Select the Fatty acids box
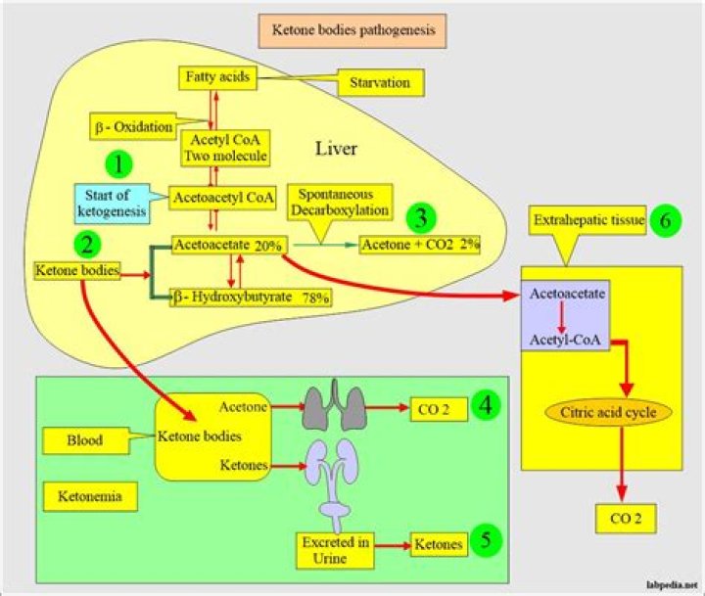(215, 75)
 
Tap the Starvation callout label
(382, 84)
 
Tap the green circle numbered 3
(421, 216)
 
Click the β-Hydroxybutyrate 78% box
(251, 297)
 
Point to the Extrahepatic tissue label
(588, 223)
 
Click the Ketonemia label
(89, 498)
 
